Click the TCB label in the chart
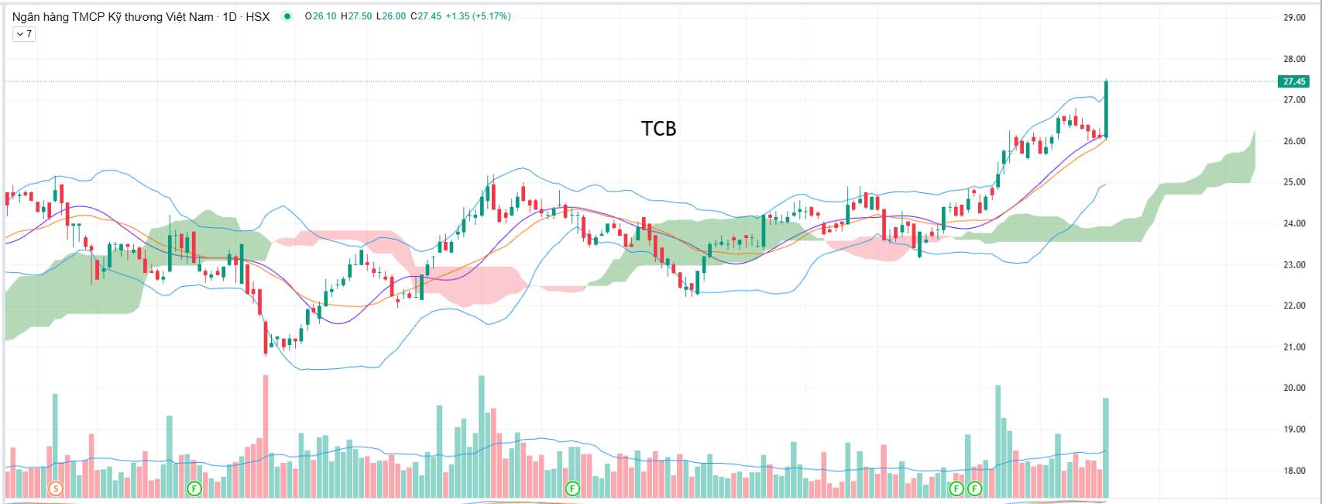point(658,128)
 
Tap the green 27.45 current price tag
point(1293,81)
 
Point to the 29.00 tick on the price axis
point(1294,17)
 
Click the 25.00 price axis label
point(1294,182)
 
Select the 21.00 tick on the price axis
point(1294,347)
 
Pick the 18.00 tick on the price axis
point(1294,471)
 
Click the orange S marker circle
point(55,488)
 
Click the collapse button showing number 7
point(24,34)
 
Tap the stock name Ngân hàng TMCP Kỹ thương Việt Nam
point(112,16)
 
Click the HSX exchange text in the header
point(257,16)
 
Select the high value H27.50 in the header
point(356,16)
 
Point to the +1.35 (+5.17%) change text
point(478,16)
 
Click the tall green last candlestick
point(1106,109)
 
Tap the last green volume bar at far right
point(1106,447)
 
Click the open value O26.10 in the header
point(321,16)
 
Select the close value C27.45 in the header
point(425,16)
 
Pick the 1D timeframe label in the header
point(229,16)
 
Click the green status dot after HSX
point(287,16)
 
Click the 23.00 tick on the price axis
point(1294,264)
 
